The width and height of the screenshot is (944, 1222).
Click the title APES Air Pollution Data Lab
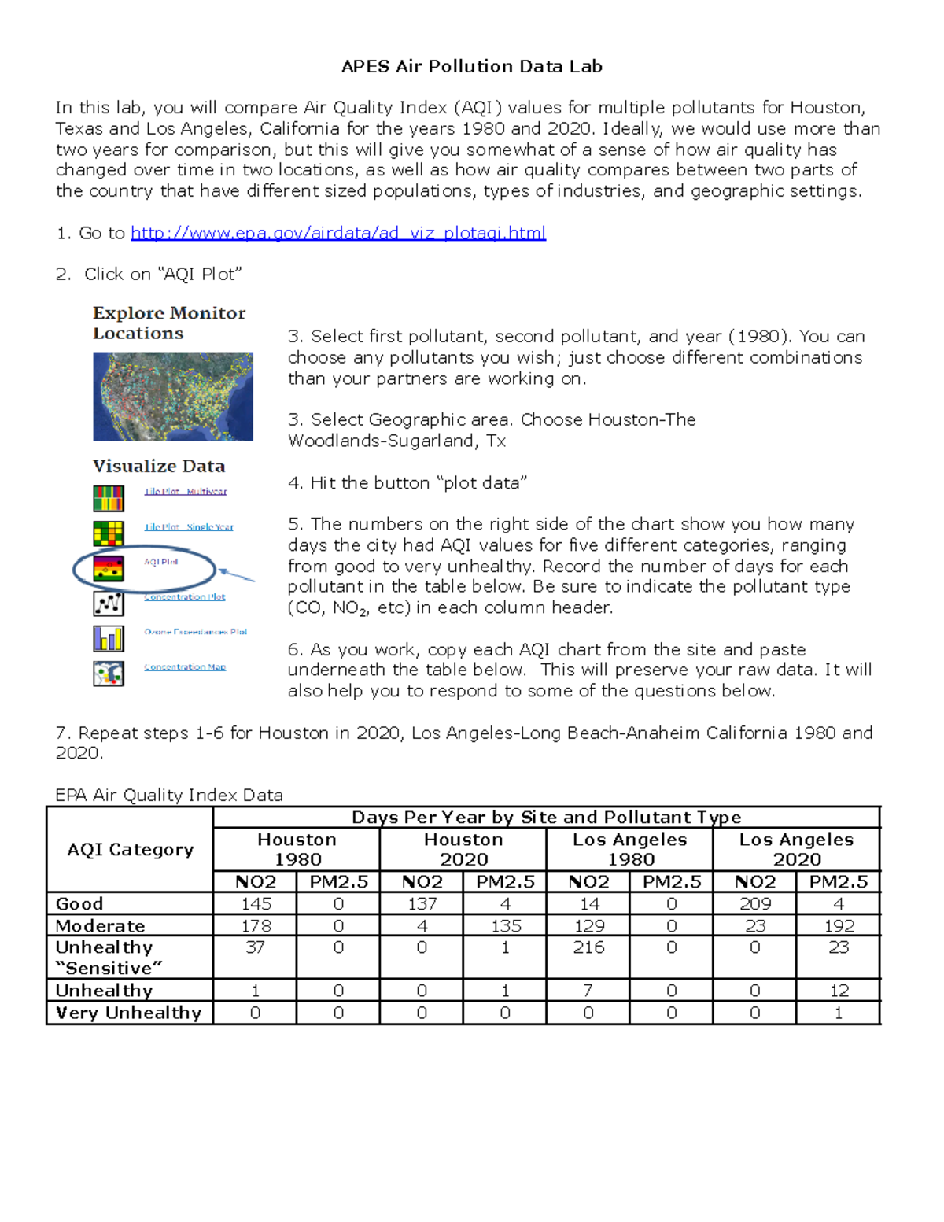click(472, 67)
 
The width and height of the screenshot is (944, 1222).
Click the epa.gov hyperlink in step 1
click(338, 233)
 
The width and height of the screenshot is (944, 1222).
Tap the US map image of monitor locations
click(173, 397)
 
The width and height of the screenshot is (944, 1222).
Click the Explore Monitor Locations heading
click(169, 323)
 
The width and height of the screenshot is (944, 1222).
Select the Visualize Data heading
click(159, 467)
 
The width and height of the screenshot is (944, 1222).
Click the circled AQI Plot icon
click(109, 568)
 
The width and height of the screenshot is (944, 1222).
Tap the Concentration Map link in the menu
click(185, 667)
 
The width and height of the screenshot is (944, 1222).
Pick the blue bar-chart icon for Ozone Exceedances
click(109, 638)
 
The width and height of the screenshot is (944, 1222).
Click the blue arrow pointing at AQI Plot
click(236, 575)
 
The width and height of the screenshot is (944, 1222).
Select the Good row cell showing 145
click(256, 904)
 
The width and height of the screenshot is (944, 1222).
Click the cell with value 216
click(588, 947)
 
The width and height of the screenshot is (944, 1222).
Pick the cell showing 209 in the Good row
click(755, 904)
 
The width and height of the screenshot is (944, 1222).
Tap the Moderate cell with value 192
click(839, 926)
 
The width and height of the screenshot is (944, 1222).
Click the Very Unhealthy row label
click(129, 1013)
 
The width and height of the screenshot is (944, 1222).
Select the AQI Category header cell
click(131, 850)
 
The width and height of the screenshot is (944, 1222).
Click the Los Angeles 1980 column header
click(629, 850)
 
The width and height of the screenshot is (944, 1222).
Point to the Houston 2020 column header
click(463, 850)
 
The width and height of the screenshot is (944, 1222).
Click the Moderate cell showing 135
click(506, 926)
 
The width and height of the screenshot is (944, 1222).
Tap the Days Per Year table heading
click(546, 818)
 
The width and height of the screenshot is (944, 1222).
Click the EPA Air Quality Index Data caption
click(169, 796)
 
